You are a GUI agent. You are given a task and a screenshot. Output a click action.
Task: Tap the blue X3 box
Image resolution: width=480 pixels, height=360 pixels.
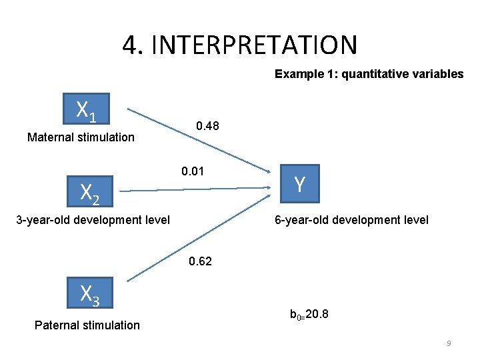point(90,293)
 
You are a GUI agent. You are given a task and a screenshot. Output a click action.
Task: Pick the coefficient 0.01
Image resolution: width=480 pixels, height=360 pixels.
point(193,172)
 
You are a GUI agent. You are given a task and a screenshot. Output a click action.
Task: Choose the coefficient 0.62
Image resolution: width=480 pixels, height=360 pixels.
point(200,261)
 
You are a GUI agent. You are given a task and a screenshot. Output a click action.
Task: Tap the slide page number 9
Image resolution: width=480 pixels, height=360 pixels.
point(449,343)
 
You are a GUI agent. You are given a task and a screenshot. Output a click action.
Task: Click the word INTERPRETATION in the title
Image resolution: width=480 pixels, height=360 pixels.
point(255,45)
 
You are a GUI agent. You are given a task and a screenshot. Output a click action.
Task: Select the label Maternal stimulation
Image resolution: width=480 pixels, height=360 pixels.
point(81,138)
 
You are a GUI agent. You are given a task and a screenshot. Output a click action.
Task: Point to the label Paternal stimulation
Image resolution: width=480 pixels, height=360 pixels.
point(87,325)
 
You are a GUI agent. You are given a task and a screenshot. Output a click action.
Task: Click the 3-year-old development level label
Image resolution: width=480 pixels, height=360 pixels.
point(93,219)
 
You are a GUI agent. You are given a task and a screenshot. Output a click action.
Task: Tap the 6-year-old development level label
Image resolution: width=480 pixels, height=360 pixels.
point(351,219)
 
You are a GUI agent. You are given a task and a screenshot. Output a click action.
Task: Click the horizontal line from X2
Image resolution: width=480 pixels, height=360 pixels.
point(200,190)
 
